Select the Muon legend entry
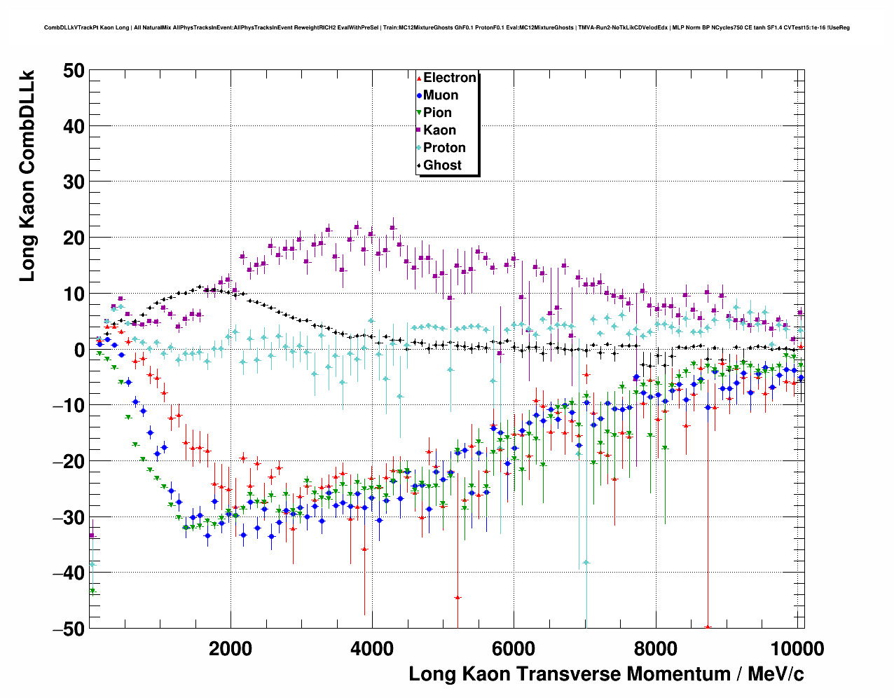click(x=440, y=95)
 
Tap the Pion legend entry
click(x=437, y=113)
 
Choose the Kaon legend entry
click(x=439, y=130)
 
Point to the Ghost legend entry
click(x=442, y=165)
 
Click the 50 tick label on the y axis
click(x=73, y=70)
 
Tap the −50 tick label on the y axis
click(x=68, y=629)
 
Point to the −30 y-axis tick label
click(x=68, y=517)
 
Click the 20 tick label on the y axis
click(x=73, y=238)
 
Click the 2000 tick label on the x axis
click(x=231, y=648)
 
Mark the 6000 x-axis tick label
click(x=514, y=648)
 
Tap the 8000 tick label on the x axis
click(x=655, y=648)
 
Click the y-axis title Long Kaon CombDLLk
click(x=27, y=175)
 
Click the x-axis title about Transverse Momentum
click(x=606, y=674)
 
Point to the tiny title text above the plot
click(x=447, y=27)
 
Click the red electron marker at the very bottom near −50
click(x=708, y=627)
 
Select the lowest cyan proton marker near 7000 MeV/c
click(x=586, y=562)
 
